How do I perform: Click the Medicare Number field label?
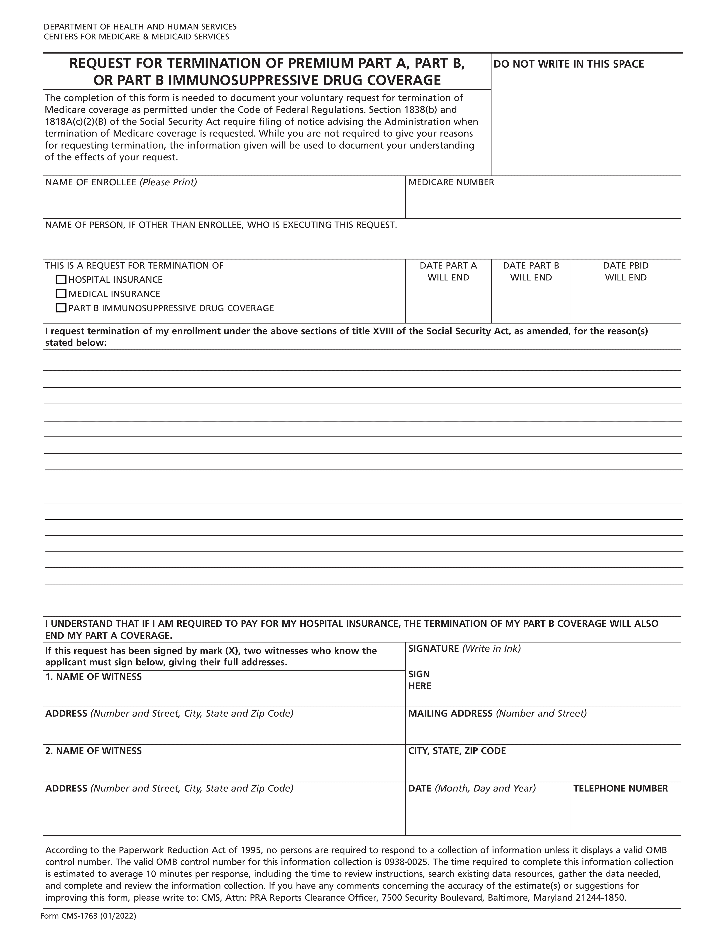click(x=451, y=182)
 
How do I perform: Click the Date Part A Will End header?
click(x=448, y=271)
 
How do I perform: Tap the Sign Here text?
click(x=419, y=680)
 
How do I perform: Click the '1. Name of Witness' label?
click(x=93, y=677)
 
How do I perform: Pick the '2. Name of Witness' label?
click(x=93, y=751)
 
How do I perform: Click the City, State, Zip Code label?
click(x=457, y=751)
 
